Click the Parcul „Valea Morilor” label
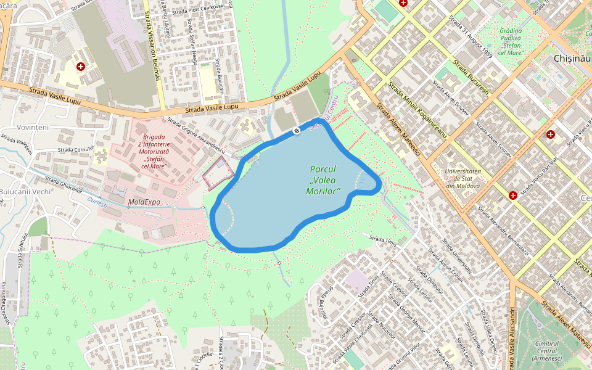pyautogui.click(x=324, y=180)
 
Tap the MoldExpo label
pyautogui.click(x=144, y=202)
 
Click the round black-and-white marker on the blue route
pyautogui.click(x=297, y=130)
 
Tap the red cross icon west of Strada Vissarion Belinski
pyautogui.click(x=80, y=66)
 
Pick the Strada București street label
pyautogui.click(x=471, y=77)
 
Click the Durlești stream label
pyautogui.click(x=97, y=201)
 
